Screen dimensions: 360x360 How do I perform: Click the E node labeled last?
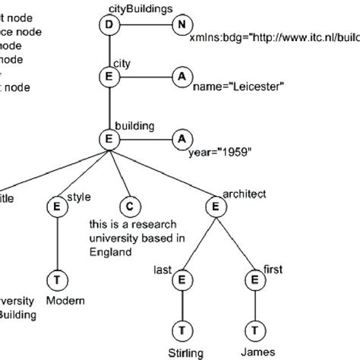(x=182, y=279)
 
